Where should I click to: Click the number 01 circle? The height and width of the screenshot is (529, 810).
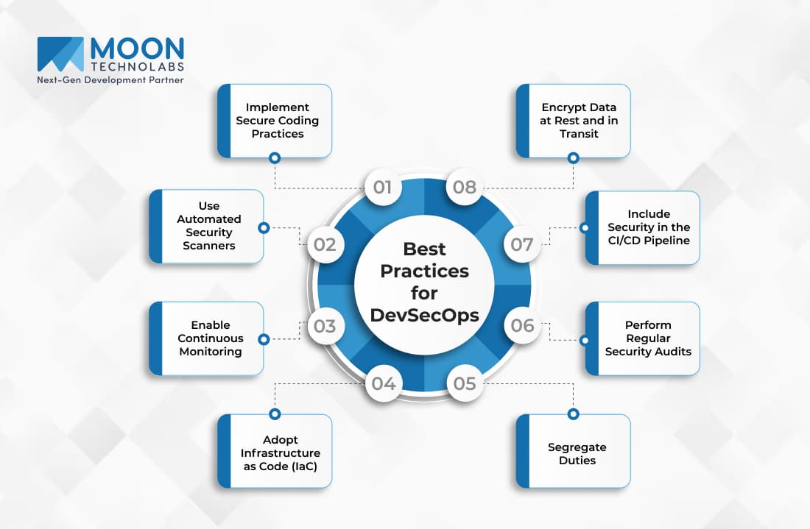click(x=383, y=187)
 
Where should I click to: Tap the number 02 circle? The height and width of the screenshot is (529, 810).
click(x=325, y=244)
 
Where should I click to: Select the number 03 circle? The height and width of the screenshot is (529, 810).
click(x=325, y=326)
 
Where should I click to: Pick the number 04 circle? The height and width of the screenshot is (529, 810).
click(x=384, y=383)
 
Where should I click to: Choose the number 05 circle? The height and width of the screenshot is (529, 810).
click(x=465, y=383)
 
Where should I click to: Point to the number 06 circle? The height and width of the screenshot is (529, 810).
click(x=522, y=325)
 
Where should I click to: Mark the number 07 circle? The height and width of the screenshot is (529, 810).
click(x=522, y=244)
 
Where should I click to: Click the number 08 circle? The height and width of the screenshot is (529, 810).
click(x=465, y=187)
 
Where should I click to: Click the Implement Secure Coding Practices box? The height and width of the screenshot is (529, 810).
click(x=275, y=121)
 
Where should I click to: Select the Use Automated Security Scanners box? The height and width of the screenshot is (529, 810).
click(x=206, y=226)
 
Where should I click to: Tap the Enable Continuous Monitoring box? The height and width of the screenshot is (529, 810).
click(x=206, y=338)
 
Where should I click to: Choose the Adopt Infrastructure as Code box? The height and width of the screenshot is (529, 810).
click(x=275, y=451)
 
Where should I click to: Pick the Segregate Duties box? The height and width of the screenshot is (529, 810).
click(x=574, y=451)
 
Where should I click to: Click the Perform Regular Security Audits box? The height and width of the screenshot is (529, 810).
click(x=643, y=338)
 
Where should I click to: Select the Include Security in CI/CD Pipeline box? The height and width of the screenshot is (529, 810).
click(x=643, y=227)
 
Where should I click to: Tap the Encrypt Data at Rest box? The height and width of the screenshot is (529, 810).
click(x=574, y=121)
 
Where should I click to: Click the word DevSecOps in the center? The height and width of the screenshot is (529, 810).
click(x=425, y=315)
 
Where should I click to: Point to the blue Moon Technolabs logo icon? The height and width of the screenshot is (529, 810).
click(x=60, y=54)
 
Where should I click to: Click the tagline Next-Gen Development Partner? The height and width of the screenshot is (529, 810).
click(x=110, y=80)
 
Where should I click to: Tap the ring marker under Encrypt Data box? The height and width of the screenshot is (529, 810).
click(x=573, y=158)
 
